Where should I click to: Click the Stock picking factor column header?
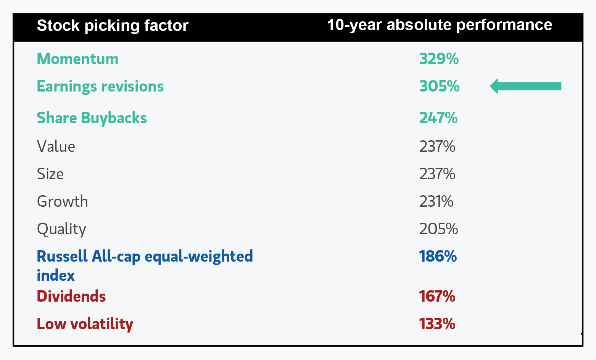click(113, 26)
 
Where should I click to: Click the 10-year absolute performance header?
click(439, 25)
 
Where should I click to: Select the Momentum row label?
click(77, 59)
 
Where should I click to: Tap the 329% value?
click(439, 59)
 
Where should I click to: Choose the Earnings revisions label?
click(100, 87)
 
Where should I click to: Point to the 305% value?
click(439, 87)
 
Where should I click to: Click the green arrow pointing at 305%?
click(525, 86)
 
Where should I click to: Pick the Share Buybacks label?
click(92, 118)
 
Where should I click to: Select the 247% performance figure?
click(438, 118)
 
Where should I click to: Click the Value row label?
click(56, 146)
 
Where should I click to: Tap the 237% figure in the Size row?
click(437, 174)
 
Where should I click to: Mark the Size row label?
click(50, 174)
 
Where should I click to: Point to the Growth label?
click(62, 201)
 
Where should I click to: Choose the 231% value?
click(436, 201)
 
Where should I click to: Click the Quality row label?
click(61, 229)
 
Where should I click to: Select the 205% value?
click(438, 229)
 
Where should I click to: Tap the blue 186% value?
click(438, 256)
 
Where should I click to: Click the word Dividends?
click(71, 296)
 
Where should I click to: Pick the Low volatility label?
click(85, 324)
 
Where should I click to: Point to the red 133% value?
click(437, 324)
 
